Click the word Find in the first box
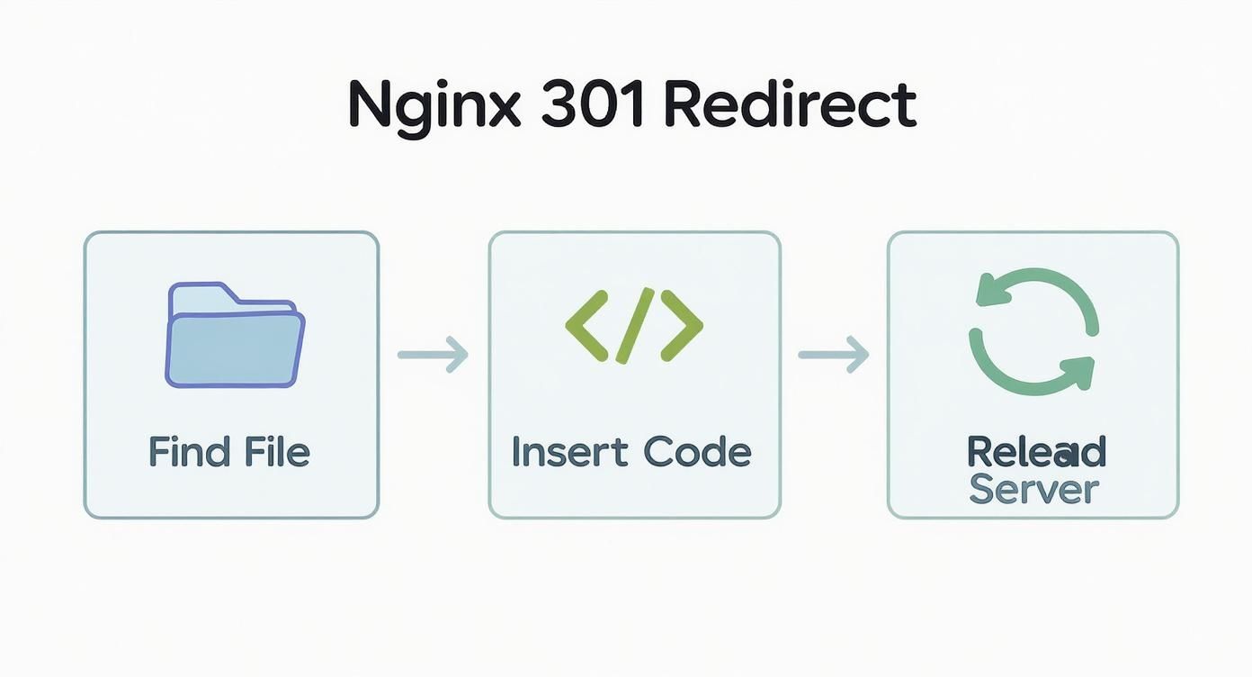click(186, 452)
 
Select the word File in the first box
click(273, 452)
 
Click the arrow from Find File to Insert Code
click(433, 354)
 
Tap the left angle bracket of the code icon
click(586, 326)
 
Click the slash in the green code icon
click(634, 326)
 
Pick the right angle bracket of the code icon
click(683, 326)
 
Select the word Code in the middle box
click(703, 452)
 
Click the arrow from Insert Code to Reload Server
click(833, 354)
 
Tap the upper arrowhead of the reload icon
click(993, 292)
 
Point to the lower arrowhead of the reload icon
click(1077, 371)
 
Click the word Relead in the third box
click(1036, 452)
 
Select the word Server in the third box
click(1034, 491)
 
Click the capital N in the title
click(369, 106)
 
